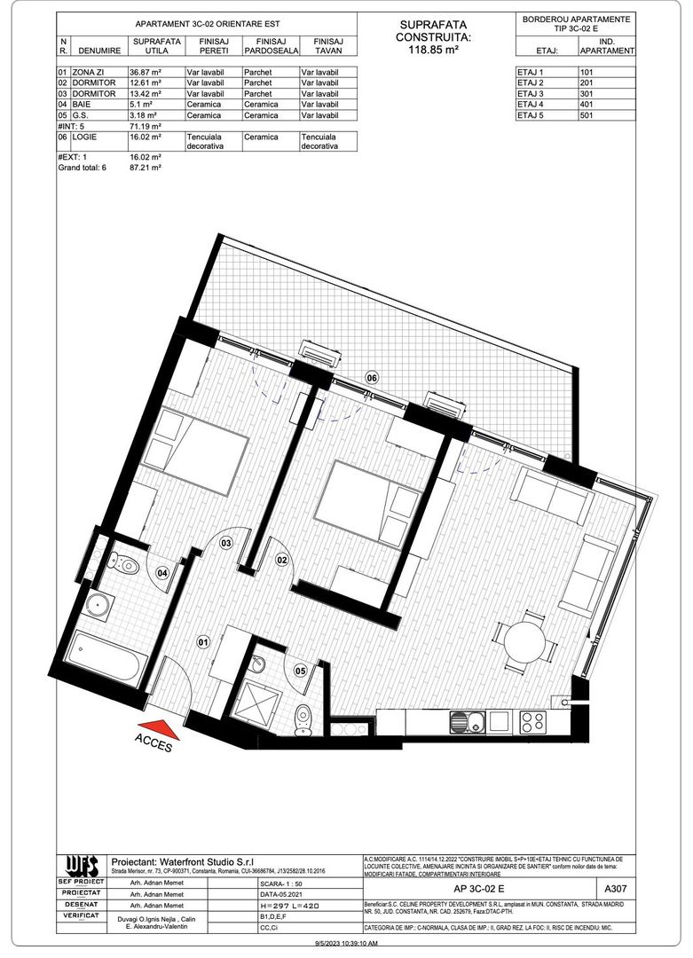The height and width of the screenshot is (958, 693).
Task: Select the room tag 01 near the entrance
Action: coord(202,640)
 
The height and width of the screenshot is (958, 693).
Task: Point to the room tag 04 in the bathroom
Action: coord(162,573)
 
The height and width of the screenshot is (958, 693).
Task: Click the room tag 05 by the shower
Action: coord(301,671)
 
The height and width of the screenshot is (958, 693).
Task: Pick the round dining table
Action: coord(524,642)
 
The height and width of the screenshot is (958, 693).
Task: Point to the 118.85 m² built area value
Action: coord(432,51)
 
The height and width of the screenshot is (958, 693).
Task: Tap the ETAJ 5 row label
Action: coord(530,115)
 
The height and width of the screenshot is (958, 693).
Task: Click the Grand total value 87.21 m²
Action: coord(146,166)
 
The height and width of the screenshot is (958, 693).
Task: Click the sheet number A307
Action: coord(614,887)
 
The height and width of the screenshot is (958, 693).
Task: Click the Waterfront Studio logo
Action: coord(80,864)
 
